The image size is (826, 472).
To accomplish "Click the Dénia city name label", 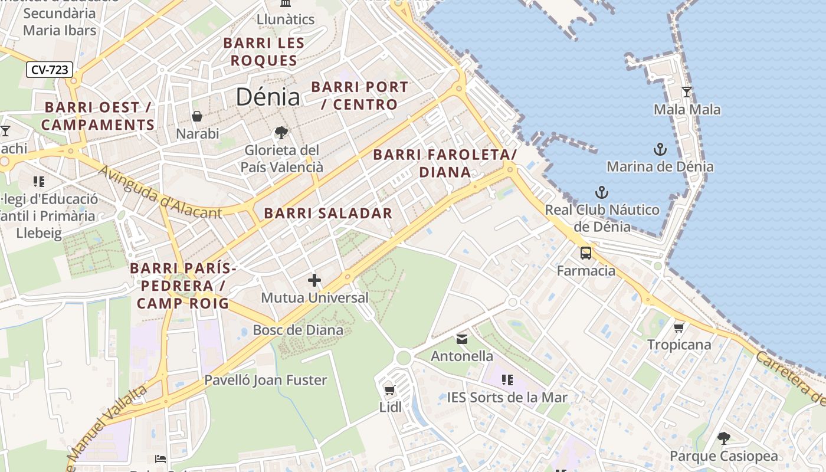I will point(268,97).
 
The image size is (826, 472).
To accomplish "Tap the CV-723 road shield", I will point(50,70).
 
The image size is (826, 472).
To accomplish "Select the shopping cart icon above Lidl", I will point(389,390).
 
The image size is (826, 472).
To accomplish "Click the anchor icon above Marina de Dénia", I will point(660,149).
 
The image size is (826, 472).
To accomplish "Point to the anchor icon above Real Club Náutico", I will point(602,192).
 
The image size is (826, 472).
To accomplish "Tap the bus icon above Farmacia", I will point(586,253).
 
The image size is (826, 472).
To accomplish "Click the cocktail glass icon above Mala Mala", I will point(687,92).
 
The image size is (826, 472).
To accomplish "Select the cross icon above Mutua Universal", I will point(314,280).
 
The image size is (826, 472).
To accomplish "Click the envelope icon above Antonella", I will point(462,339).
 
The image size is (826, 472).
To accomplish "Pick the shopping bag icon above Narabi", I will point(197,116).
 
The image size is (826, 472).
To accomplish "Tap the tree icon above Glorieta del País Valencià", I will point(281,133).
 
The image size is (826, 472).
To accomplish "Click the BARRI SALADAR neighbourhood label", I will point(328,214).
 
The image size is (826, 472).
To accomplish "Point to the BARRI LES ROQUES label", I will point(264,51).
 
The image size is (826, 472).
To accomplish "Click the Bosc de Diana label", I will point(298,330).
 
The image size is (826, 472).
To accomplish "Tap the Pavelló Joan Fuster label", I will point(265,380).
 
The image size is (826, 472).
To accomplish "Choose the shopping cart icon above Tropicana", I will point(679,327).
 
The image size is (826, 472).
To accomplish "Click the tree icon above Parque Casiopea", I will point(724,438).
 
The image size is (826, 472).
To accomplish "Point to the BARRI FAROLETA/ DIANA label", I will point(445,163).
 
